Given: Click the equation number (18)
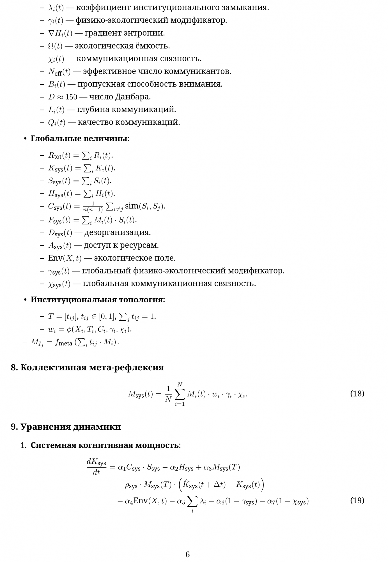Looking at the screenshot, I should click(357, 393).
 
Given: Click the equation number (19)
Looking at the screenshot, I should click(357, 500).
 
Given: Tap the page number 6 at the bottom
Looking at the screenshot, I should click(188, 554).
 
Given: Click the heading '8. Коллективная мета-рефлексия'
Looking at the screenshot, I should click(87, 367).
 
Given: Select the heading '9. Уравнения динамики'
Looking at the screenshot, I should click(66, 426).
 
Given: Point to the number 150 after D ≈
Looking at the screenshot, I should click(71, 97).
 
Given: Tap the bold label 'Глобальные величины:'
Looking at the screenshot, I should click(80, 139).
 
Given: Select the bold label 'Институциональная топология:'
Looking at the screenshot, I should click(98, 300).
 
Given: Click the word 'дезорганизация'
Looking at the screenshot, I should click(117, 232).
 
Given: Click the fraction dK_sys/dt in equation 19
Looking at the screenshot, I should click(96, 467).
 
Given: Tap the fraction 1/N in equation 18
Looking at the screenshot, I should click(168, 394).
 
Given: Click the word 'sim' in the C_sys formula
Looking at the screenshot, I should click(132, 206).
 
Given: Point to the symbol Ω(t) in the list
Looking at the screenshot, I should click(55, 46).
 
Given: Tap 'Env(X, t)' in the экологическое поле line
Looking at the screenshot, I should click(65, 258).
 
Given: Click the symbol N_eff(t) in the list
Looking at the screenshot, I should click(59, 71).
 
